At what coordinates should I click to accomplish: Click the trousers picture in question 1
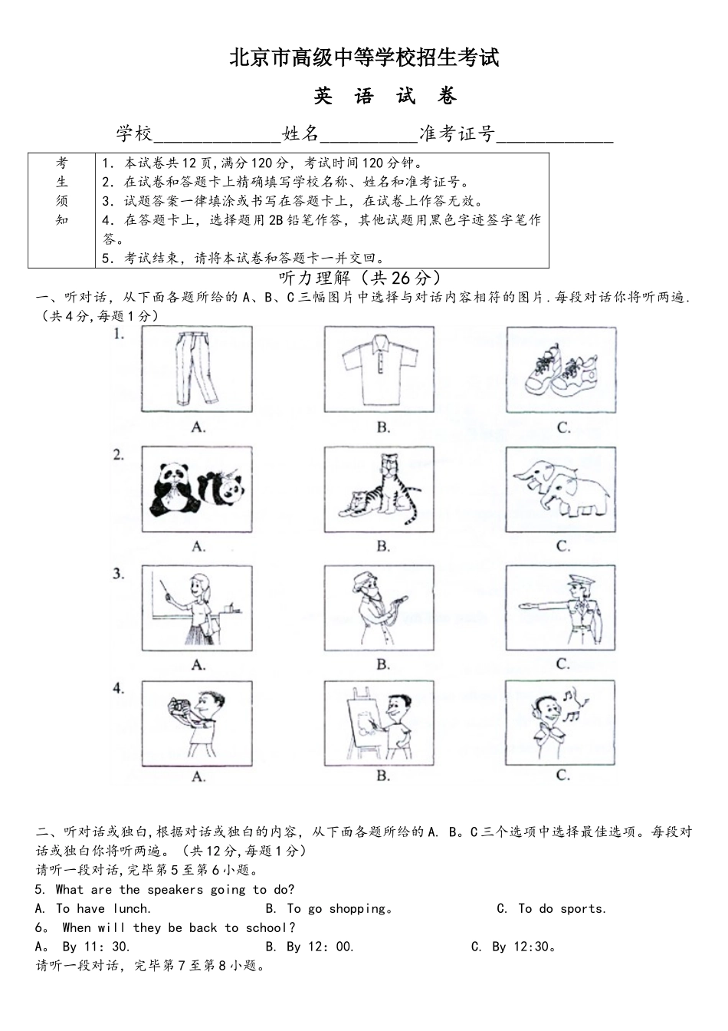coord(197,370)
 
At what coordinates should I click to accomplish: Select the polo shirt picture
coord(380,370)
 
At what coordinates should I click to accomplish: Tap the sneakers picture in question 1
coord(561,370)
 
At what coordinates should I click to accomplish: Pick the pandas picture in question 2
coord(197,489)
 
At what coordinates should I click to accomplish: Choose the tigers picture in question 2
coord(380,489)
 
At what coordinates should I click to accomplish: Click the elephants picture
coord(561,489)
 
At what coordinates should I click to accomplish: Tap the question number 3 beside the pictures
coord(119,574)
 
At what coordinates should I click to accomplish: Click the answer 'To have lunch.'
coord(94,909)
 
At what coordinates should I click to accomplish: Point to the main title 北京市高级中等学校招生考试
coord(364,58)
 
